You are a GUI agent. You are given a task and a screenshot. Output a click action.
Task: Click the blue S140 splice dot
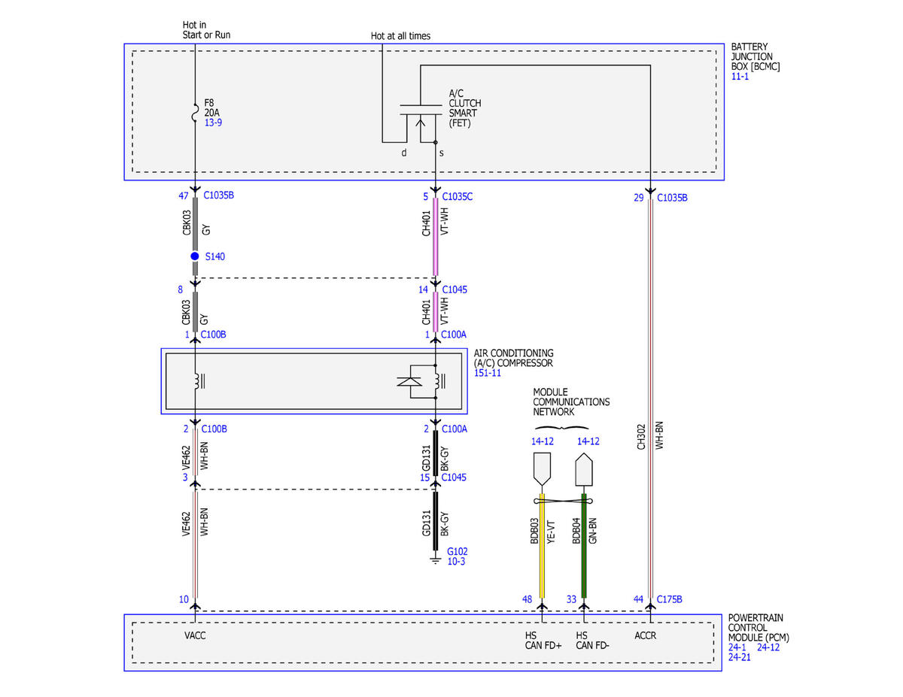pos(194,256)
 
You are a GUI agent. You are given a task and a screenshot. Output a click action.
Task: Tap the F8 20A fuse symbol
pos(195,113)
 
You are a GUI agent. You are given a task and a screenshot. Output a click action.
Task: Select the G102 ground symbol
pos(435,560)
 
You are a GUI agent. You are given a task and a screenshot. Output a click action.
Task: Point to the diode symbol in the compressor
pos(409,381)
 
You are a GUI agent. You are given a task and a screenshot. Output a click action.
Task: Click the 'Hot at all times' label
pos(400,36)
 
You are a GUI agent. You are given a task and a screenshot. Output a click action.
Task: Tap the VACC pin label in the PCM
pos(195,635)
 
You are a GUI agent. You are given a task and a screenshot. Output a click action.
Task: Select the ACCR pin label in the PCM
pos(645,635)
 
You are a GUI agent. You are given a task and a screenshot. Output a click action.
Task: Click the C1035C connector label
pos(457,196)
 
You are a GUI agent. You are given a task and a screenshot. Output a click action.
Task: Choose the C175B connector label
pos(669,599)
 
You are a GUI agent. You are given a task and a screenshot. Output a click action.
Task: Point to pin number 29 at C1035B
pos(639,198)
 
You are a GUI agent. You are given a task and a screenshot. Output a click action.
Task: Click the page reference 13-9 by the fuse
pos(213,123)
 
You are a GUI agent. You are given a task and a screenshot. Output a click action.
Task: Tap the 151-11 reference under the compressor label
pos(488,373)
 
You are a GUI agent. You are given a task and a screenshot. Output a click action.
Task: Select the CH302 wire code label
pos(641,437)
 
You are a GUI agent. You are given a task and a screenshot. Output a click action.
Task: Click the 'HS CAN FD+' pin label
pos(543,641)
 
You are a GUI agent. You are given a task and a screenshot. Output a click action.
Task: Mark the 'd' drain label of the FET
pos(404,153)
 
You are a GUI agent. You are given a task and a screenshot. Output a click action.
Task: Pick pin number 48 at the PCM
pos(527,599)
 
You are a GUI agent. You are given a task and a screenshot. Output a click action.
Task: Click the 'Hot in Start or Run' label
pos(206,30)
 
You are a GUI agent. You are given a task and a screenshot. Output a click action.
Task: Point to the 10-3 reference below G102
pos(456,561)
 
